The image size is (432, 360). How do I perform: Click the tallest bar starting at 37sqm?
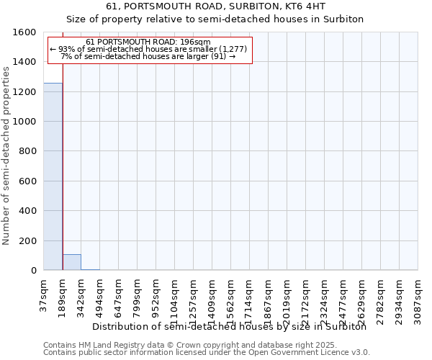point(53,176)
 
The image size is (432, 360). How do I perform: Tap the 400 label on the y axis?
point(30,211)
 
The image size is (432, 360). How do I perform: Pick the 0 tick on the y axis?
point(34,271)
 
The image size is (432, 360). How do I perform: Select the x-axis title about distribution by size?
point(230,326)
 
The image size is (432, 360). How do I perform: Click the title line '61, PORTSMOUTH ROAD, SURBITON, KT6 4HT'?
point(216,6)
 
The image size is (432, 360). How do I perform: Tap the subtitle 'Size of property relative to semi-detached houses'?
point(216,19)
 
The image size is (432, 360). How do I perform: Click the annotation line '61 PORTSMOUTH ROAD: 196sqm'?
point(148,42)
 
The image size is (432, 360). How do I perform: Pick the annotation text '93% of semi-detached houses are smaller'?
point(148,49)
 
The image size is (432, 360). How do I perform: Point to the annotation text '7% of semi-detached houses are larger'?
point(148,56)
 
